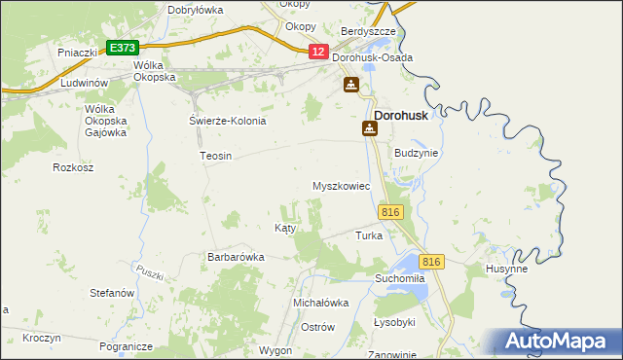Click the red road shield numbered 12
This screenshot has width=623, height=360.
point(318,52)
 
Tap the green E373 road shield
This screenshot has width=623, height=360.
point(123,47)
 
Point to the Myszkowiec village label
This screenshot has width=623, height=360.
point(341,186)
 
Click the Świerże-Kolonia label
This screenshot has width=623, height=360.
point(227,121)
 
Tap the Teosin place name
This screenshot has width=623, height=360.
point(215,156)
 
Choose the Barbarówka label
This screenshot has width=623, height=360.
point(236,257)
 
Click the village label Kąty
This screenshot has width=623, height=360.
point(285,227)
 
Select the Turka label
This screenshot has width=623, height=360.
point(369,235)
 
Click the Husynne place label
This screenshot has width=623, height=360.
point(506,269)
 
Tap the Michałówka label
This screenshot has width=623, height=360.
point(321,303)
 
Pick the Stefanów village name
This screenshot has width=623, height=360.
point(111,292)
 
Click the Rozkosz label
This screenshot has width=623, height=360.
point(72,167)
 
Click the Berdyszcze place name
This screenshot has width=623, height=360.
point(368,31)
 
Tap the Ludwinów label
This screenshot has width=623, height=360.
point(82,84)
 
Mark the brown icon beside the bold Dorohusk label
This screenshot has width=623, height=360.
point(370,127)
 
